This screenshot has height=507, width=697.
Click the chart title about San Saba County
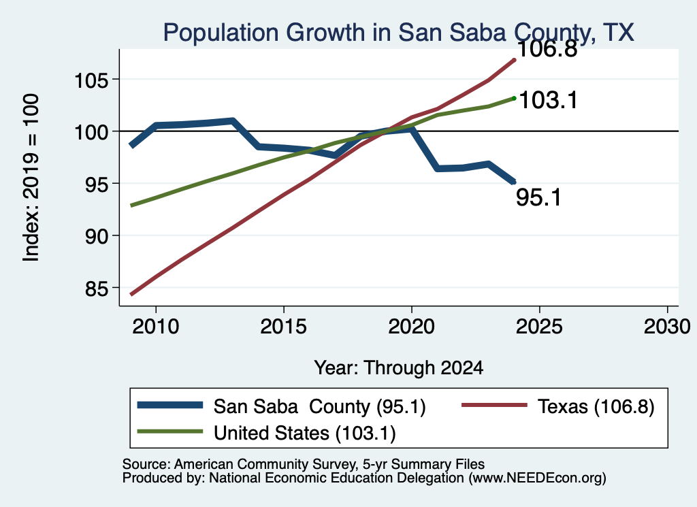(398, 33)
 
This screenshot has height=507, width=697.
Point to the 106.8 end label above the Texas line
(547, 48)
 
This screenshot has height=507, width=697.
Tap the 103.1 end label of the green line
(548, 100)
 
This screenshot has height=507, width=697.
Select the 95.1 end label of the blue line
(539, 197)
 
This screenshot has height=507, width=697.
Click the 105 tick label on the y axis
(91, 81)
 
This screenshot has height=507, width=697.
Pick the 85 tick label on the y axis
(97, 289)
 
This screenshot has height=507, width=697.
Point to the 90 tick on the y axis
(97, 237)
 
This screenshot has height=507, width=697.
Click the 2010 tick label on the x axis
(156, 327)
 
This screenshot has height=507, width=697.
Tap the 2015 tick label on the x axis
(284, 327)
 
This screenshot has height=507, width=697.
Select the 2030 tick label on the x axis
(667, 327)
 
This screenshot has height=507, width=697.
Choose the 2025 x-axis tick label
(539, 327)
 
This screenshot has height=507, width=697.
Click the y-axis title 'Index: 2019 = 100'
(31, 178)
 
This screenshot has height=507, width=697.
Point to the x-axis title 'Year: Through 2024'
(399, 368)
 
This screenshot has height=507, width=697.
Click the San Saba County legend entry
(281, 406)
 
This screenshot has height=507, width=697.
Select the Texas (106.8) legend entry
(558, 406)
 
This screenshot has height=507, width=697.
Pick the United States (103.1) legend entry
(266, 433)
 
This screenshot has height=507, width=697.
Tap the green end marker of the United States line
(515, 98)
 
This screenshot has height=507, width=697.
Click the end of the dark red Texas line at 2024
(515, 59)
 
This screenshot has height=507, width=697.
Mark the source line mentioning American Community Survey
(304, 464)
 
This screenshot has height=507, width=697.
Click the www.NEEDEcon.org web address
(538, 478)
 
